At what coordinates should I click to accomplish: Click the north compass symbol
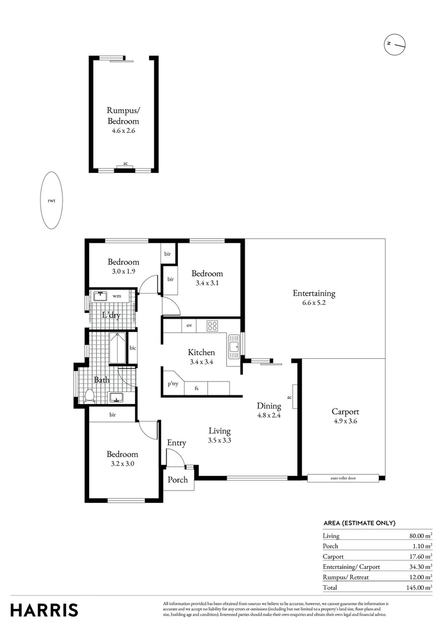click(x=394, y=44)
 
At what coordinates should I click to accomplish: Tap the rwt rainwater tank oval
click(x=51, y=201)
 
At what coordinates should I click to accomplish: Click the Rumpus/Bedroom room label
click(x=123, y=116)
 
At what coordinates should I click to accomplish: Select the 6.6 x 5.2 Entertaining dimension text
click(x=314, y=302)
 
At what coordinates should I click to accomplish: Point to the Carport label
click(x=344, y=412)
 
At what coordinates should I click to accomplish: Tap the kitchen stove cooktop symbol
click(x=212, y=326)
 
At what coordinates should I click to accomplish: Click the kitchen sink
click(x=234, y=347)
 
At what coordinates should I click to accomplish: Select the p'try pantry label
click(x=173, y=384)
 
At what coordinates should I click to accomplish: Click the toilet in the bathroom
click(x=90, y=397)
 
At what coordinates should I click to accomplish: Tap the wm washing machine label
click(x=117, y=296)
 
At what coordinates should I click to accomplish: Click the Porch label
click(x=177, y=480)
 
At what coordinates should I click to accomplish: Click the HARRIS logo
click(x=44, y=610)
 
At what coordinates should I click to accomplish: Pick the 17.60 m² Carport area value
click(x=420, y=556)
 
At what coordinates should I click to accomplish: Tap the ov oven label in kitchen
click(x=189, y=326)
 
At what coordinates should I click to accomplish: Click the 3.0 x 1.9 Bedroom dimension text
click(x=122, y=271)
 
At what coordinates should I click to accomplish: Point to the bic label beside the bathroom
click(x=132, y=348)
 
